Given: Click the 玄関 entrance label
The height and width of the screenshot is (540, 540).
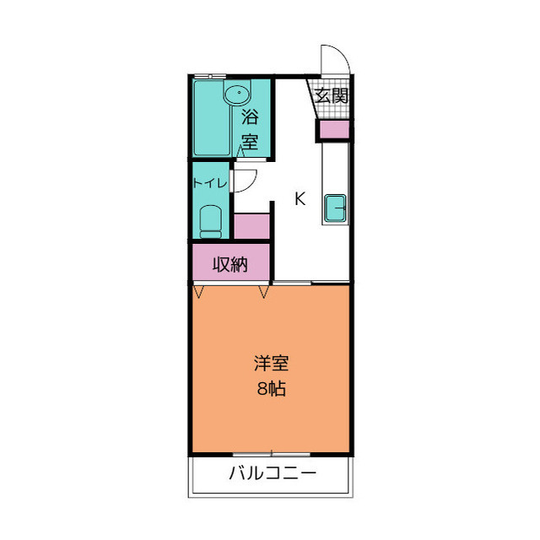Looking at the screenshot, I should coord(332,95).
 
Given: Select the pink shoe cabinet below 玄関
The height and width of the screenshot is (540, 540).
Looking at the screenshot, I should coord(332,131).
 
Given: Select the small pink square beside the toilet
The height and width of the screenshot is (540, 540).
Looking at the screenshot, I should coord(251,227).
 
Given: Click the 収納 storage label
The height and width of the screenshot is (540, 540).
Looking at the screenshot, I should coord(229,264).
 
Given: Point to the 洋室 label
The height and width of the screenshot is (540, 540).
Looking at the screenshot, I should coord(271,364).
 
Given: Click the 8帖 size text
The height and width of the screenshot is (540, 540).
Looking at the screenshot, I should coord(271,390).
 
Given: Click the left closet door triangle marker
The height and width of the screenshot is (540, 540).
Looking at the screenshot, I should coord(200,292).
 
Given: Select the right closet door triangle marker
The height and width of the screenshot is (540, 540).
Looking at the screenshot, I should coord(264,292).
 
